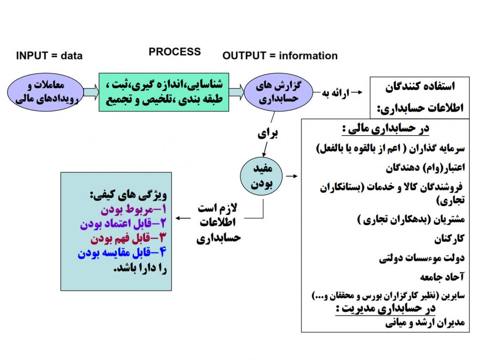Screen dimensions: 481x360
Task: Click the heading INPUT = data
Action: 49,56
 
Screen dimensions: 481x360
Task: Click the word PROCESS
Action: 175,52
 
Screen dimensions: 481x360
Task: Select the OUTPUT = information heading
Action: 280,56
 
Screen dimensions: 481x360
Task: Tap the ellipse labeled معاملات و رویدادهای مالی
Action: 46,92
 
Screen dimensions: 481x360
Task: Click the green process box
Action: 164,92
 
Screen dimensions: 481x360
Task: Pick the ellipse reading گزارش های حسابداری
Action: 278,92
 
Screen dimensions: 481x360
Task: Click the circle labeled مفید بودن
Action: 261,176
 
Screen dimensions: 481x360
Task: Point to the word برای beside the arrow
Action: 267,133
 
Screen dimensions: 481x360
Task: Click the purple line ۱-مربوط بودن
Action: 134,209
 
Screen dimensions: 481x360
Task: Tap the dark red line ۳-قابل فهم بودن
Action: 129,238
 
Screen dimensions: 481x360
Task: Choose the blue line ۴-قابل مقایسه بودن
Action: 122,253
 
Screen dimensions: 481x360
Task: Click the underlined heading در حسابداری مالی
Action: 386,129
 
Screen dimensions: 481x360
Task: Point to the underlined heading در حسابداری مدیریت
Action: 386,308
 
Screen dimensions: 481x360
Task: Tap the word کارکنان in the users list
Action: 449,239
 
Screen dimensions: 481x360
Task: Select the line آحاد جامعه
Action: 442,277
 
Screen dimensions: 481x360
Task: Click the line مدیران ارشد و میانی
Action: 425,322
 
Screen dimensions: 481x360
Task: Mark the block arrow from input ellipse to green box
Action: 92,92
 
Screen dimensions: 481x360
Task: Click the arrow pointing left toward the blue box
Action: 183,218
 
